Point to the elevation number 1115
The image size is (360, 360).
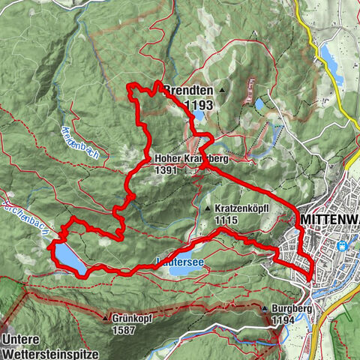tap(225, 220)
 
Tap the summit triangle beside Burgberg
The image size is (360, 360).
tap(265, 308)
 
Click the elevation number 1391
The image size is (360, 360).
tap(167, 170)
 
